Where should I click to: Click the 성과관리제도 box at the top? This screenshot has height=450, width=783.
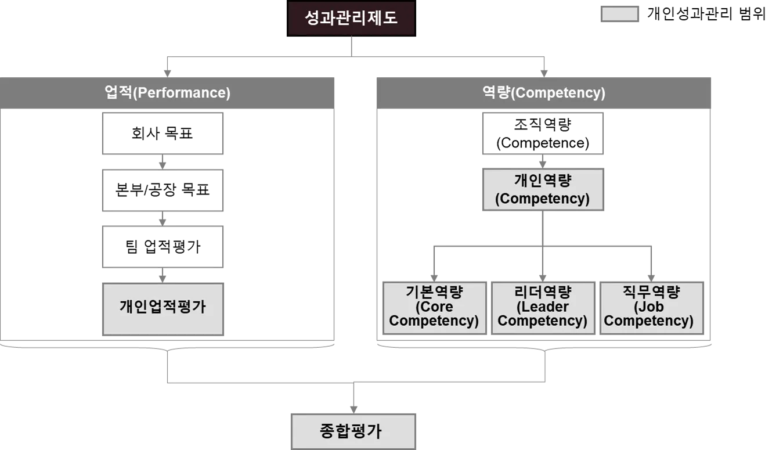[x=351, y=18]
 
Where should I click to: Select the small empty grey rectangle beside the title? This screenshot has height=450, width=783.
[x=619, y=15]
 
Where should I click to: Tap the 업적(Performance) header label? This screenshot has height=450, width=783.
[x=168, y=93]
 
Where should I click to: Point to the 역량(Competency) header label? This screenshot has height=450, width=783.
[x=544, y=93]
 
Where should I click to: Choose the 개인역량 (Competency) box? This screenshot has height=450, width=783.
[x=543, y=190]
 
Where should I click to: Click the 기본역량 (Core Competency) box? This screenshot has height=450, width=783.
[x=434, y=307]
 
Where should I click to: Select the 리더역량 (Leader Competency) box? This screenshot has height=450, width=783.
[x=543, y=307]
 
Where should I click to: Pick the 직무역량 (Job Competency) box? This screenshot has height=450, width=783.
[x=650, y=307]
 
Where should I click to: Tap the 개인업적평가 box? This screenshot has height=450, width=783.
[x=163, y=307]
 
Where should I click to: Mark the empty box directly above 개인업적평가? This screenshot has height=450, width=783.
[x=163, y=246]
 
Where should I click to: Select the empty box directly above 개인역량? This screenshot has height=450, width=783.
[x=543, y=134]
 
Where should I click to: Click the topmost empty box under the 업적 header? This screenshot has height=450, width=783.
[x=163, y=134]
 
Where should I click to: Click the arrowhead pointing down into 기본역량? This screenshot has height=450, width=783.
[x=432, y=278]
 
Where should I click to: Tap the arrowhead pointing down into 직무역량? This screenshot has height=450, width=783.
[x=652, y=278]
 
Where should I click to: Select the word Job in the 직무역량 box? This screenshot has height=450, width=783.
[x=650, y=307]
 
